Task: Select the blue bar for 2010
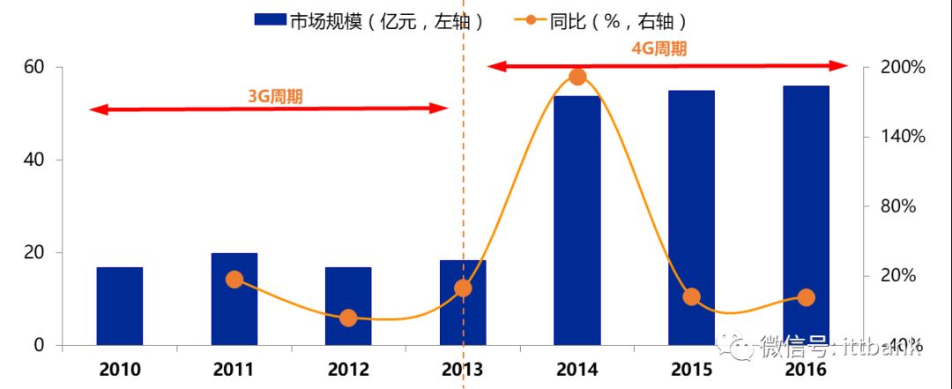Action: (x=119, y=305)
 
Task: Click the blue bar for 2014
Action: (x=576, y=221)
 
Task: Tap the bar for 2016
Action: (x=806, y=215)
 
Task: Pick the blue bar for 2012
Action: (x=348, y=305)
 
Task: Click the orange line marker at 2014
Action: (x=577, y=77)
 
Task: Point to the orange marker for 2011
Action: (x=234, y=280)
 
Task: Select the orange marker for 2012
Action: (x=348, y=318)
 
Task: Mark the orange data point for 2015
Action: (x=691, y=296)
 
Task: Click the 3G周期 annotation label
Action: (x=275, y=96)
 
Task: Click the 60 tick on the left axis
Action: (x=34, y=67)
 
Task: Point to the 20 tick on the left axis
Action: (x=34, y=252)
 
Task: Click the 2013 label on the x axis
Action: (x=462, y=369)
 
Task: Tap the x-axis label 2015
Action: (x=691, y=369)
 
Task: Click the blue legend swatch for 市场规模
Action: (x=269, y=20)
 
